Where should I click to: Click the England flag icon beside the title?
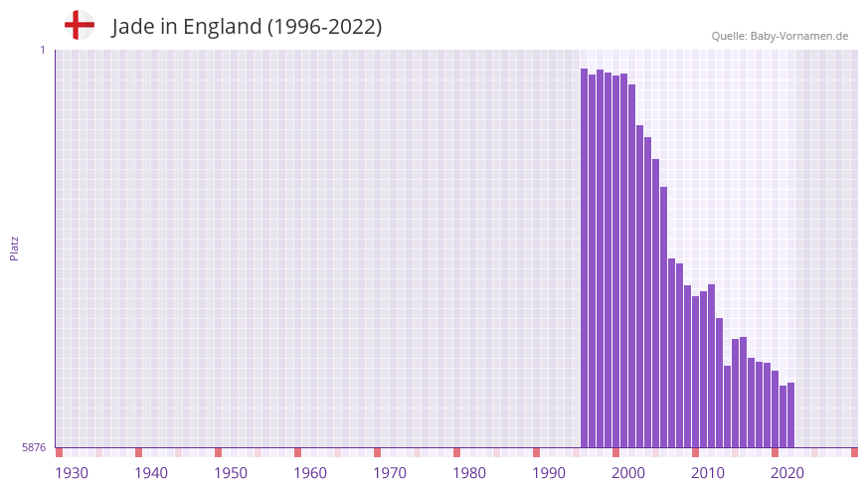pos(79,25)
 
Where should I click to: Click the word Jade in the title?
pos(134,27)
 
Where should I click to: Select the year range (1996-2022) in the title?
pos(324,27)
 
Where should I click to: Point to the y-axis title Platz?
pos(14,248)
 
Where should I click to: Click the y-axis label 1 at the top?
pos(42,50)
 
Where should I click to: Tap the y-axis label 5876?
pos(34,448)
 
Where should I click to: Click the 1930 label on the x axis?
pos(72,473)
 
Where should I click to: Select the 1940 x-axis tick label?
pos(151,473)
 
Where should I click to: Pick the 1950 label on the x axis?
pos(231,473)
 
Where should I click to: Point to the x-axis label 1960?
pos(310,473)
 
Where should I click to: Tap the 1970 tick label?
pos(390,473)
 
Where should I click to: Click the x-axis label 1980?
pos(469,473)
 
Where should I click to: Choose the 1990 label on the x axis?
pos(549,473)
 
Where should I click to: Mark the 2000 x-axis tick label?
pos(628,473)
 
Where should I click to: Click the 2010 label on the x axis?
pos(708,473)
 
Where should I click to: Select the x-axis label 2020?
pos(787,473)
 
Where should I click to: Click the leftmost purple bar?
pos(585,258)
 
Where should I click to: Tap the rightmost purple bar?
pos(790,415)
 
